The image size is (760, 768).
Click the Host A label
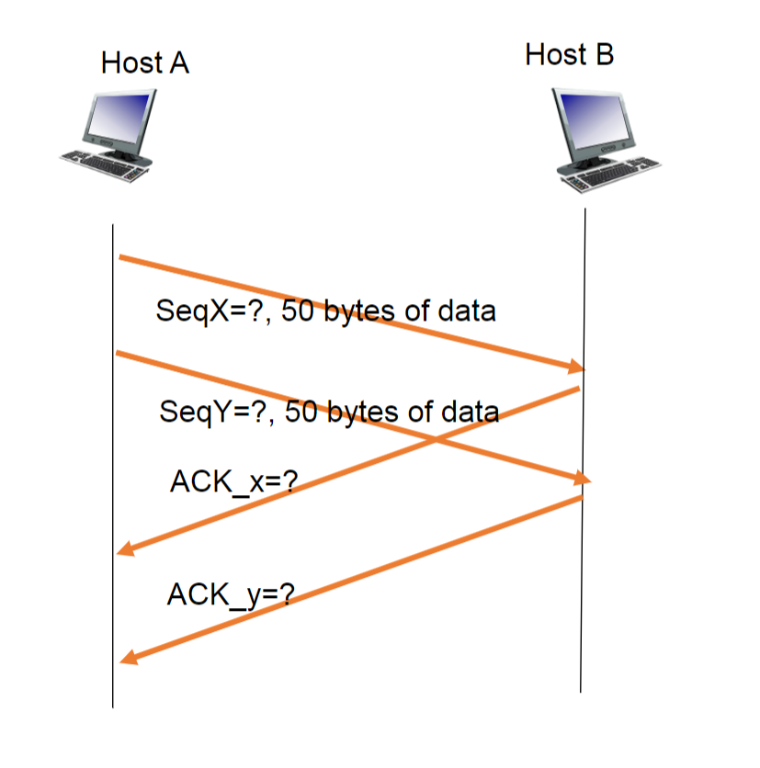(x=145, y=63)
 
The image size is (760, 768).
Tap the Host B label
(x=569, y=54)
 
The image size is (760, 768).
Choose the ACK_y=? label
(x=230, y=595)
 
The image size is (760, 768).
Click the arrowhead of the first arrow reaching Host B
(x=576, y=367)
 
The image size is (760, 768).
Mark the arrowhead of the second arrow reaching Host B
(x=581, y=479)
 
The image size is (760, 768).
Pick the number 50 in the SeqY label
(x=301, y=411)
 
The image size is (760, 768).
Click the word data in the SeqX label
(x=465, y=311)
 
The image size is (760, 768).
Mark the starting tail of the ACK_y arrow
(x=582, y=498)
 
